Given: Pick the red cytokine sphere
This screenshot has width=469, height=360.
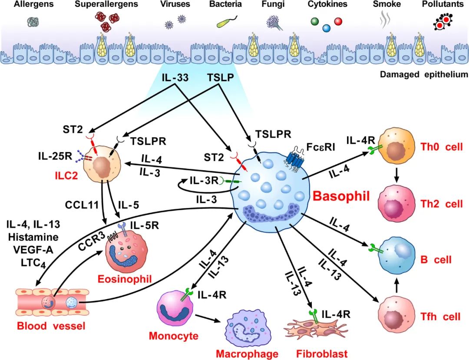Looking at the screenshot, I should click(338, 21).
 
